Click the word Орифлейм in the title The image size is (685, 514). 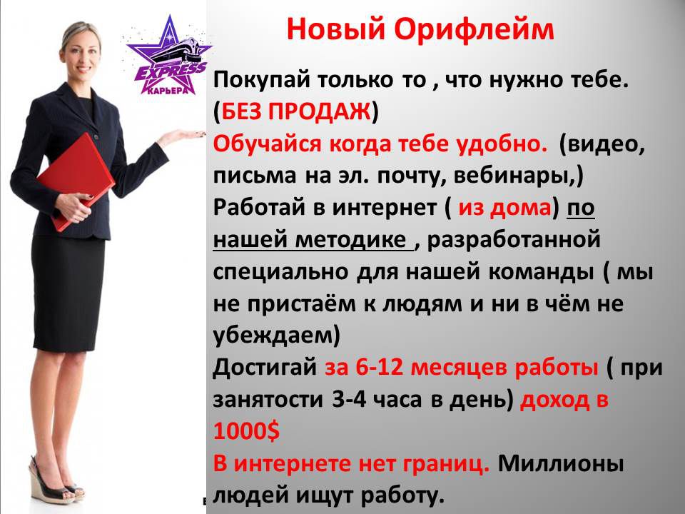(x=474, y=31)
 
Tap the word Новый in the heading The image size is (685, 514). (x=336, y=29)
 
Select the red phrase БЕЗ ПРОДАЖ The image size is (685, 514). (x=295, y=111)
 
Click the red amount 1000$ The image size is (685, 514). (x=246, y=431)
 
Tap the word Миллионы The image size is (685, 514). (x=561, y=463)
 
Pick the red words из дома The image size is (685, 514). (x=504, y=208)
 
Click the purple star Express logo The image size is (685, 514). (x=168, y=56)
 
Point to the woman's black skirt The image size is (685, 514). (x=68, y=293)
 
